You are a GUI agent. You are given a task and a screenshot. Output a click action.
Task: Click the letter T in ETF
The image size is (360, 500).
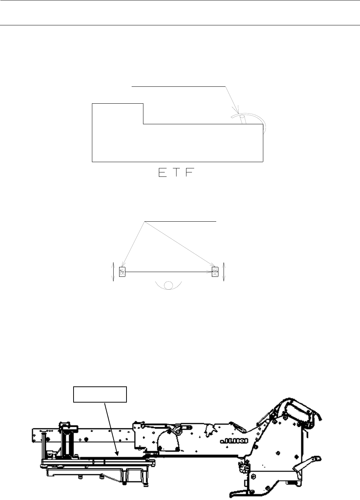(x=177, y=172)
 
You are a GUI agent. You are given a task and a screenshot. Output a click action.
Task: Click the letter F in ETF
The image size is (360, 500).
(x=190, y=172)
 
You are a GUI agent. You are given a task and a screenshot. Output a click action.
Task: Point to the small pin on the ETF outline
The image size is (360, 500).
(x=243, y=119)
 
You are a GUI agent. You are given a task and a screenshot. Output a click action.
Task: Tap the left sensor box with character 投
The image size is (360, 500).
(x=122, y=272)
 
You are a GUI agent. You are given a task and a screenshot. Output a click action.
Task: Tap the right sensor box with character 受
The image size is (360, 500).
(x=215, y=272)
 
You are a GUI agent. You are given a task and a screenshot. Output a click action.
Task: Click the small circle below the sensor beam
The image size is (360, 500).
(x=168, y=285)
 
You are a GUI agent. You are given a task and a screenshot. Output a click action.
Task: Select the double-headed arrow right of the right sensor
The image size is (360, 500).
(x=224, y=272)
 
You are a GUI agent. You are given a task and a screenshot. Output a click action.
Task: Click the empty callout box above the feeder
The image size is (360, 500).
(x=100, y=394)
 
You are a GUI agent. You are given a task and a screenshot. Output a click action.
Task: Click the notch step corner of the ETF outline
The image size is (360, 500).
(x=143, y=124)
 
